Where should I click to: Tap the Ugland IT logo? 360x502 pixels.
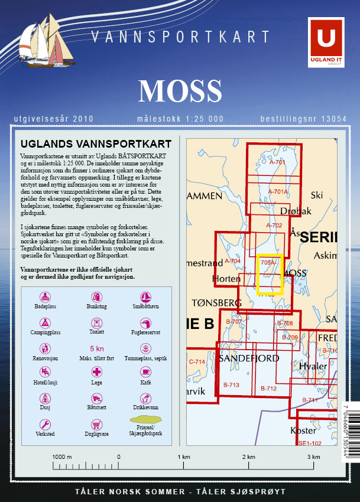(326, 41)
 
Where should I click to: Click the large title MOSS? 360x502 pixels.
(180, 90)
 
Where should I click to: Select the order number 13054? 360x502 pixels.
(333, 119)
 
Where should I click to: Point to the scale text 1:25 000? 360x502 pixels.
(205, 119)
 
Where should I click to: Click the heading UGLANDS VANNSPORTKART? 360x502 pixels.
(96, 144)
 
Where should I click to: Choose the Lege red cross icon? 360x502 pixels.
(96, 372)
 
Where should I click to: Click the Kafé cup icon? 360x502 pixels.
(145, 372)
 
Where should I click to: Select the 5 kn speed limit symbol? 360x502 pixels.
(96, 348)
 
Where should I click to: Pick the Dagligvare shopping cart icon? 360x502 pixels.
(96, 424)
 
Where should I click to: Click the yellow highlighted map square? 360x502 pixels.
(270, 274)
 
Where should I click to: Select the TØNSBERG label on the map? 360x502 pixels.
(217, 302)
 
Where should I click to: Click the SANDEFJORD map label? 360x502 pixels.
(249, 358)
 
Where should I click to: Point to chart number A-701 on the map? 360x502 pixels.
(277, 162)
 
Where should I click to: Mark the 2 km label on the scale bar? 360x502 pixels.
(248, 457)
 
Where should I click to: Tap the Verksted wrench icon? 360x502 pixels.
(45, 424)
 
